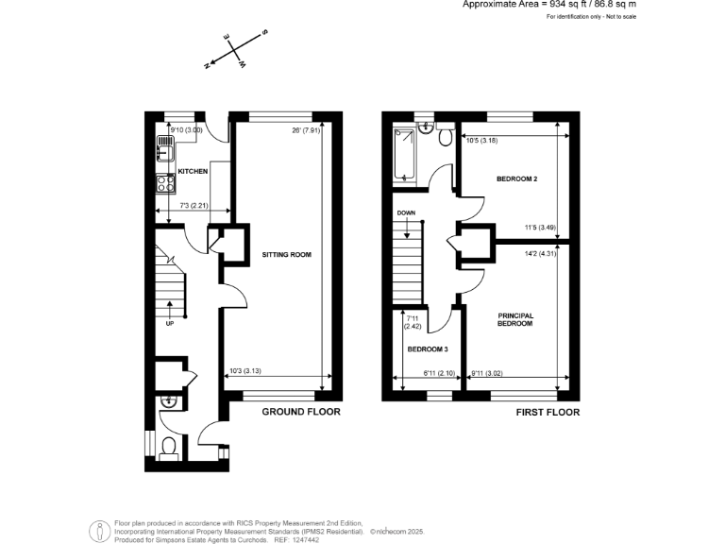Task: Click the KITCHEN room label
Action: tap(194, 172)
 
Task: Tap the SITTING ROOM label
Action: tap(280, 255)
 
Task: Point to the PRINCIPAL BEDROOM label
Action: tap(515, 319)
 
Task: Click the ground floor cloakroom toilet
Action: tap(170, 445)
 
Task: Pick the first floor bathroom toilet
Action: tap(443, 139)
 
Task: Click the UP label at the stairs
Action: tap(170, 323)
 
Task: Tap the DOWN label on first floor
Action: tap(407, 213)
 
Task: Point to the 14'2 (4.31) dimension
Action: tap(541, 252)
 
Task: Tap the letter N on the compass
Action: tap(207, 65)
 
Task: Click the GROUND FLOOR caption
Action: tap(301, 412)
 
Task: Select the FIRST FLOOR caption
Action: tap(548, 413)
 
